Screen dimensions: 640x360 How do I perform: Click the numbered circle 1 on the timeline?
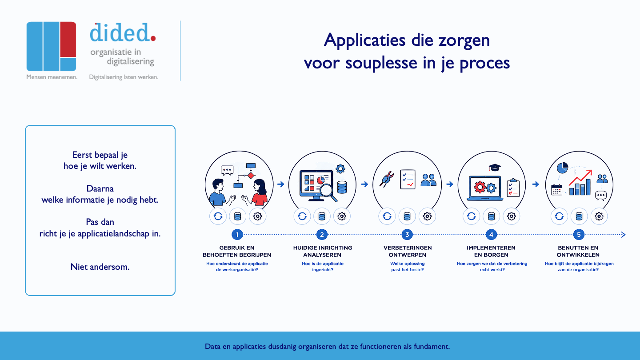click(237, 235)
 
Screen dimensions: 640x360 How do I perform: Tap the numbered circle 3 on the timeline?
click(407, 235)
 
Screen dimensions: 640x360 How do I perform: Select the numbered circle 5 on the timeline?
click(579, 235)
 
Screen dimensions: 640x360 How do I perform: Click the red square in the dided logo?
click(68, 39)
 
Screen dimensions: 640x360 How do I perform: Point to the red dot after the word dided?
click(153, 38)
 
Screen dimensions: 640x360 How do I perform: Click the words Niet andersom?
click(100, 267)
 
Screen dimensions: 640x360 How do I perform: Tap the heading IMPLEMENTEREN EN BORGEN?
click(491, 251)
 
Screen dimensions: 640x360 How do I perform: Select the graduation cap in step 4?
click(494, 167)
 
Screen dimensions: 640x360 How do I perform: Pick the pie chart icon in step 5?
click(562, 168)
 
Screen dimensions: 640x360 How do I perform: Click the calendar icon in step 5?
click(556, 190)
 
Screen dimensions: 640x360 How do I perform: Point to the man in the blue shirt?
click(220, 192)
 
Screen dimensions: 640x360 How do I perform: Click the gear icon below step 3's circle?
click(427, 216)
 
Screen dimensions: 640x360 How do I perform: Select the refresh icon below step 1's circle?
click(218, 216)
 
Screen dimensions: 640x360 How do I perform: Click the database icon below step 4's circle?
click(491, 216)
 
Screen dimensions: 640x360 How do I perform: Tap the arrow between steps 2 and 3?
click(364, 184)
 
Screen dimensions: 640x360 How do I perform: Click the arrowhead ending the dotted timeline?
click(624, 235)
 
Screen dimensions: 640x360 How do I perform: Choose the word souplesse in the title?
click(381, 63)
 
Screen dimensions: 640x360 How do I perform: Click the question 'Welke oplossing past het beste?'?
click(408, 267)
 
